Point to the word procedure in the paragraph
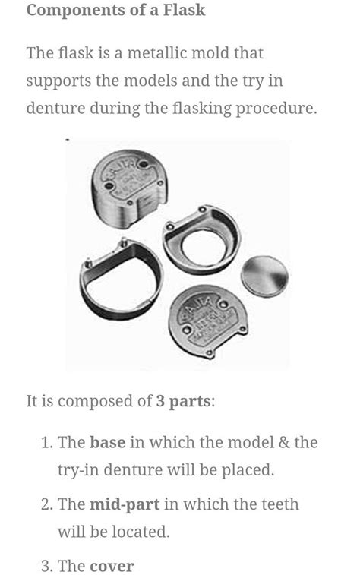point(277,108)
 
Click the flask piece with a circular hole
point(202,241)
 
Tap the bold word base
point(107,442)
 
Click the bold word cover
point(111,566)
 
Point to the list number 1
point(46,442)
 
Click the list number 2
point(46,504)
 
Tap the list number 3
point(46,566)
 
